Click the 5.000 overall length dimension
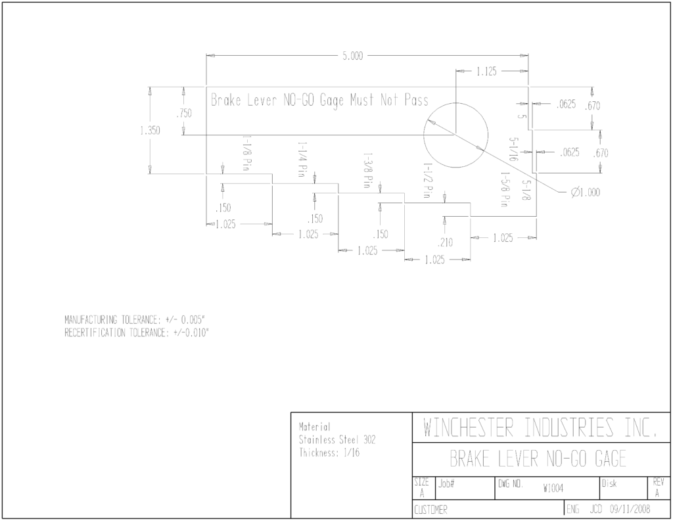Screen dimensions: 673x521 click(x=352, y=57)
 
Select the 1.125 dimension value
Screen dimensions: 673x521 click(x=486, y=72)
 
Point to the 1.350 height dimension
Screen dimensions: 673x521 click(x=150, y=131)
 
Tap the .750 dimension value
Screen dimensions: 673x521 click(x=184, y=114)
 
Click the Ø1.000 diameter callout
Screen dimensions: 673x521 click(x=586, y=193)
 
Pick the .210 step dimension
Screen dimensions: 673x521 click(x=445, y=243)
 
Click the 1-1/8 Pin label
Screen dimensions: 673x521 click(x=246, y=153)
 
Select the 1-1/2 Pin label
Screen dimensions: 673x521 click(x=427, y=180)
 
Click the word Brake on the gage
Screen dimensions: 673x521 click(x=226, y=101)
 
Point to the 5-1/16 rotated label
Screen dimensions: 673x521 click(x=513, y=149)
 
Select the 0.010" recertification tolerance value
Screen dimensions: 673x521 click(x=196, y=333)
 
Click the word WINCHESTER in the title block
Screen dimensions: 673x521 click(x=468, y=428)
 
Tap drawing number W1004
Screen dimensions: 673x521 click(x=553, y=488)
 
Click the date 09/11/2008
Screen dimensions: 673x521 click(x=630, y=509)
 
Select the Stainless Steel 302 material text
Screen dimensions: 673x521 click(x=337, y=440)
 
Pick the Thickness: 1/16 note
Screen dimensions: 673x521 click(x=329, y=453)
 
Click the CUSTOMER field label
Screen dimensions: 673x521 click(x=430, y=510)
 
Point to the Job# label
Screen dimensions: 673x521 click(x=446, y=484)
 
